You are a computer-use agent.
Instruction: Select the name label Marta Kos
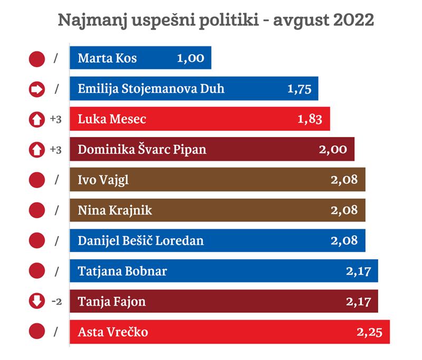click(x=107, y=58)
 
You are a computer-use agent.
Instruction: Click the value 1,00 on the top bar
click(x=190, y=58)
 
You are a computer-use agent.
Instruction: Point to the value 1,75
click(x=299, y=89)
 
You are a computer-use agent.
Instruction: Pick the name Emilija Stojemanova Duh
click(x=151, y=89)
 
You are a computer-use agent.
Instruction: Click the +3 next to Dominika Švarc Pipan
click(x=56, y=150)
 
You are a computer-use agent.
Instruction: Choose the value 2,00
click(x=333, y=150)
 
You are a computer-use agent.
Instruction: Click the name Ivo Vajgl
click(x=103, y=180)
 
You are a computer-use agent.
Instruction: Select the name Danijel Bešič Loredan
click(x=140, y=241)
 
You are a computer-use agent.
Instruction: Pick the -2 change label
click(x=56, y=302)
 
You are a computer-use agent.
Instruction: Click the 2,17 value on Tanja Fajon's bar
click(x=358, y=302)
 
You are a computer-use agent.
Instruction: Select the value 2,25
click(x=369, y=333)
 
